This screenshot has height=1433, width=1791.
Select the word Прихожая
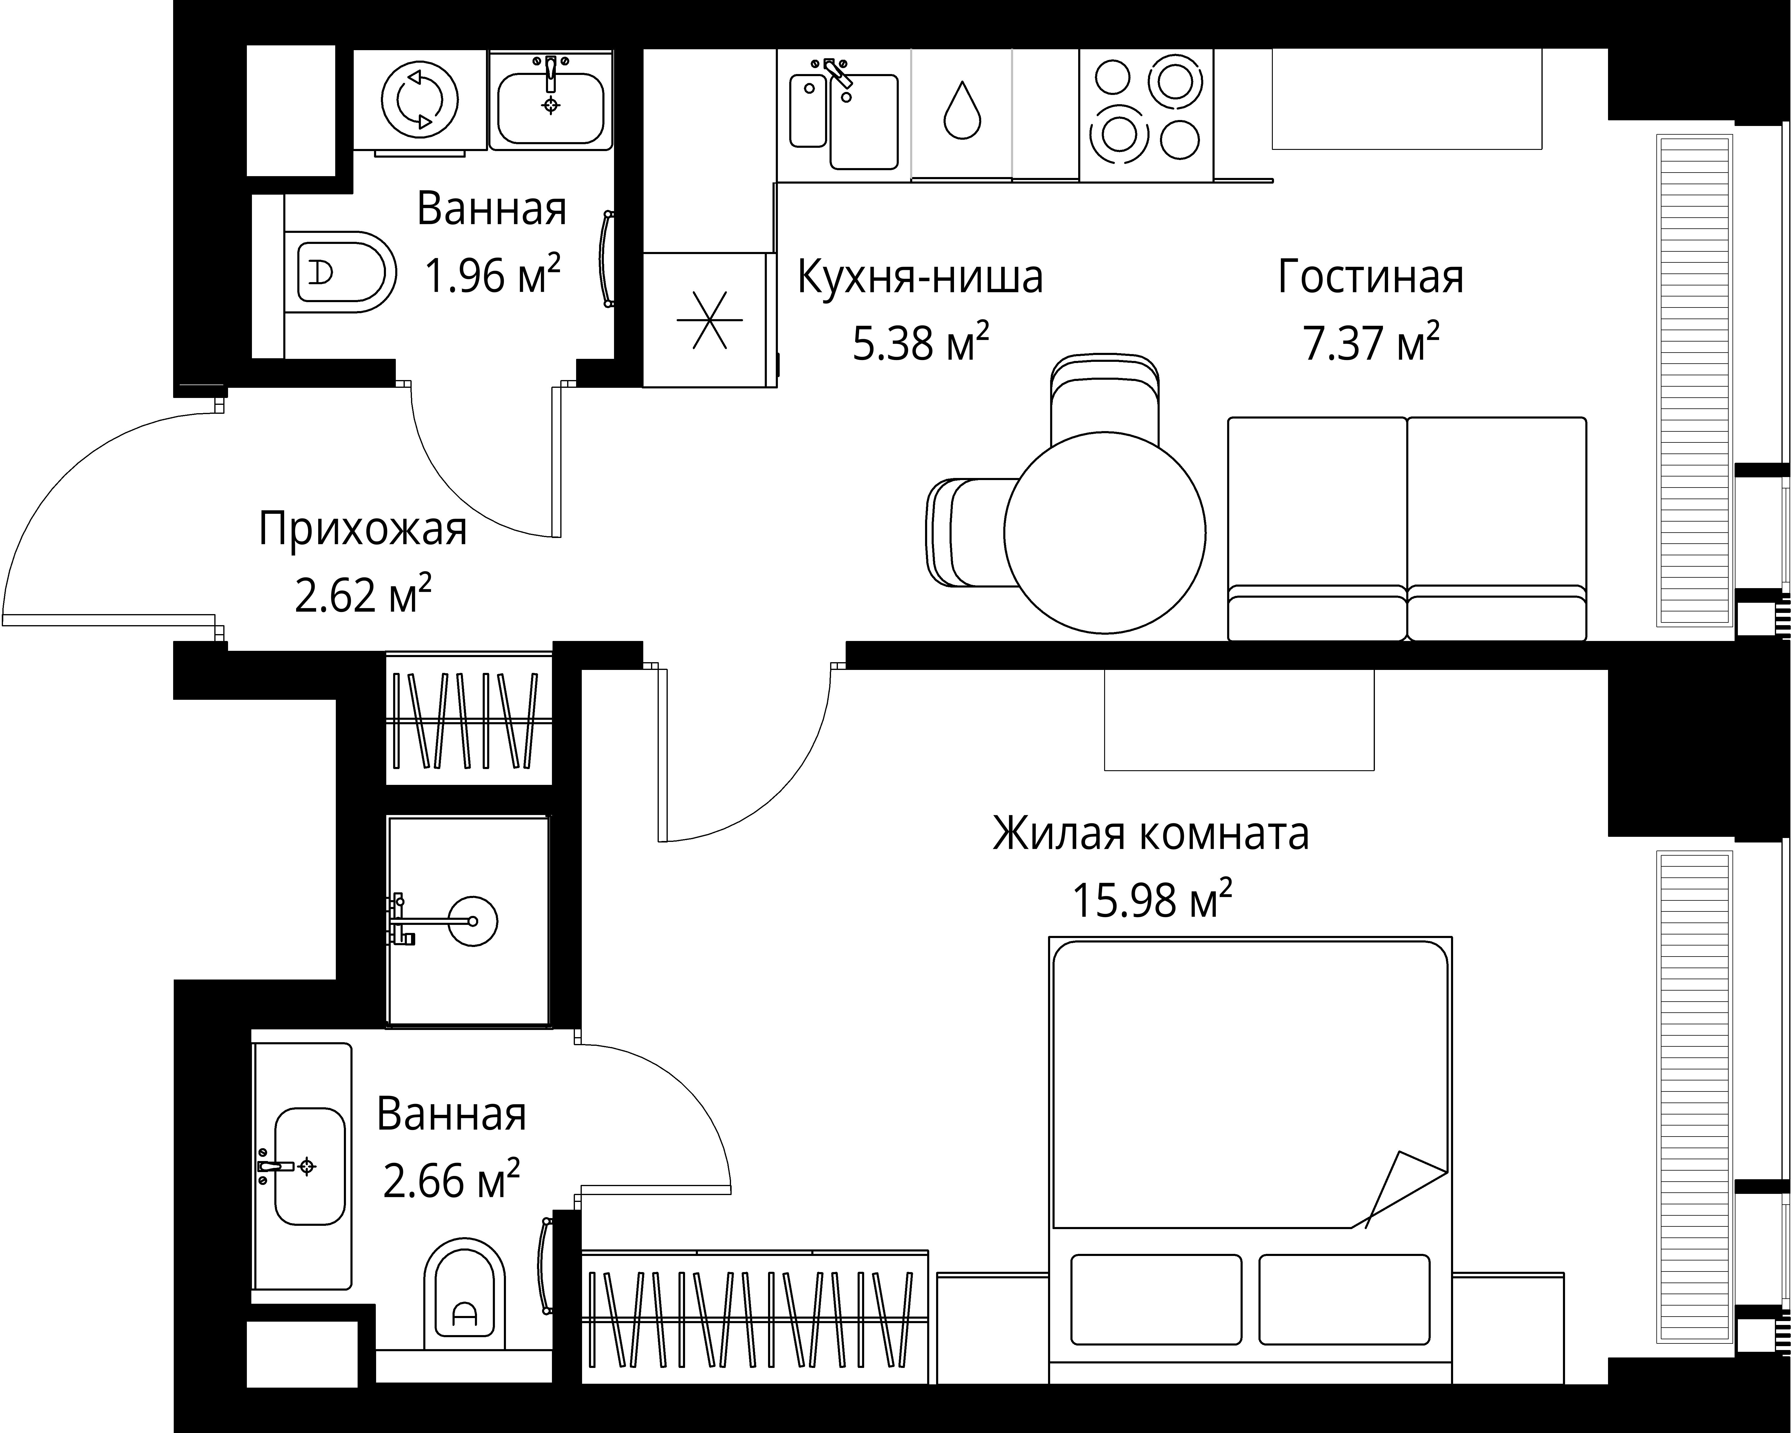[363, 529]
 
